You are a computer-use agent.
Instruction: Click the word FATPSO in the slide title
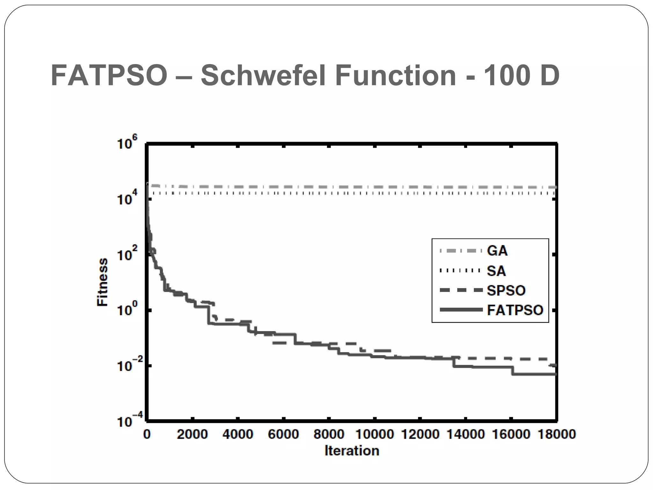109,76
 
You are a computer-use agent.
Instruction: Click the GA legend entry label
497,251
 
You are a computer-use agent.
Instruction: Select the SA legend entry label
496,271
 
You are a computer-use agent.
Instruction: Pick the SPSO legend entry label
506,291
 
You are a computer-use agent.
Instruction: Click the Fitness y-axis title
102,282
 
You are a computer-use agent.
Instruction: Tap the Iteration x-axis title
352,451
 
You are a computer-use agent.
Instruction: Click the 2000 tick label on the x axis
192,434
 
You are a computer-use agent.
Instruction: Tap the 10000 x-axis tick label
374,434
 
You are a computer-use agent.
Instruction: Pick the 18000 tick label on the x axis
557,434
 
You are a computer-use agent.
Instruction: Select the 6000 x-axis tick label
283,434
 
